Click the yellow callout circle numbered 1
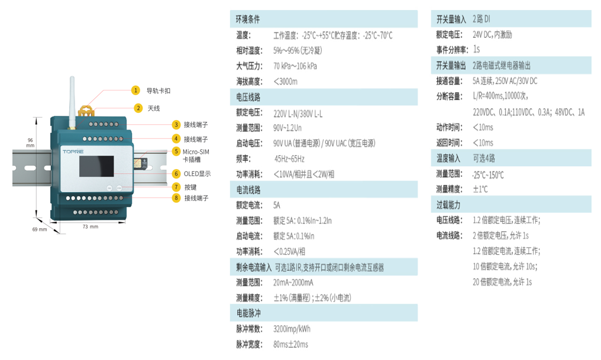(135, 90)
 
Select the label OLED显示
(197, 174)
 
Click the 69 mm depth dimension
(39, 229)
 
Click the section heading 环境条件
(248, 20)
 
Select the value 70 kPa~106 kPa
(295, 66)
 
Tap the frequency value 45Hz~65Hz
(289, 158)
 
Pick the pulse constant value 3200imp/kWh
(292, 329)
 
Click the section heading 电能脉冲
(248, 313)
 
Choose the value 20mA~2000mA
(293, 283)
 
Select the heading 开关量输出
(451, 65)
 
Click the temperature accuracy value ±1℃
(480, 189)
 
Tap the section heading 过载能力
(448, 205)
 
